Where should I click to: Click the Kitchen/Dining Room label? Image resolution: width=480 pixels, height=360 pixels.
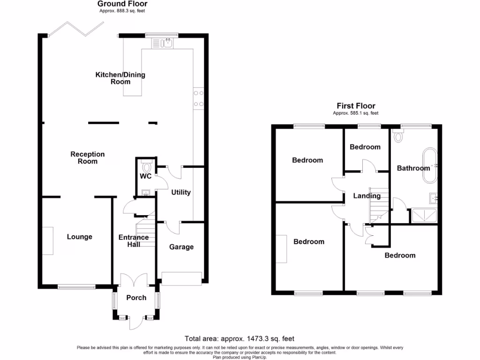120,78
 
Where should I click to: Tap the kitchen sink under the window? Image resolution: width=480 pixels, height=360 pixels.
162,44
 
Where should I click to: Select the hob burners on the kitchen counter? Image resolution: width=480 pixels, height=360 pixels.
198,98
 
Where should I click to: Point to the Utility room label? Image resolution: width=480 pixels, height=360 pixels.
181,192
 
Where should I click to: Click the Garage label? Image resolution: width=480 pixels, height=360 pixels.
181,247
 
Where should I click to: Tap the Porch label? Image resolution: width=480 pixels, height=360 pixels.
136,298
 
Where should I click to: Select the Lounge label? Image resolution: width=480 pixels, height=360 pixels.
80,237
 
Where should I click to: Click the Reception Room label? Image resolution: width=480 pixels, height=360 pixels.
88,157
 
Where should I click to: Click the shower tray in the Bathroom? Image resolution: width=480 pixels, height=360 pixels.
425,216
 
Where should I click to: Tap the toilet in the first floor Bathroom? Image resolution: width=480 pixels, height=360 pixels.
399,136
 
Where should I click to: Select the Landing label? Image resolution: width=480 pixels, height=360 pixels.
367,196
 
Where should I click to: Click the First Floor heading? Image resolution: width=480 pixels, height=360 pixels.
356,106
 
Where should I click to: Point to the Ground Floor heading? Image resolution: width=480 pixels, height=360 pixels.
122,4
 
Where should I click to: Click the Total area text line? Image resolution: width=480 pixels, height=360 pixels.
240,338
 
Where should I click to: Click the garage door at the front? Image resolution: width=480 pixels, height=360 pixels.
181,278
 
